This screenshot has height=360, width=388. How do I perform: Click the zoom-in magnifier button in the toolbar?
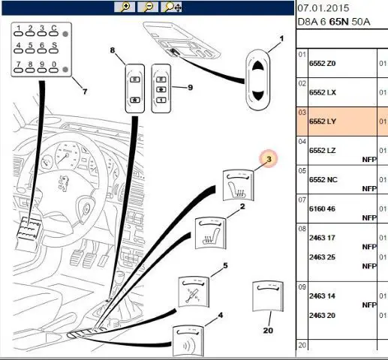(125, 7)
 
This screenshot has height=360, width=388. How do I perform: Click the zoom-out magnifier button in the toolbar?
(148, 7)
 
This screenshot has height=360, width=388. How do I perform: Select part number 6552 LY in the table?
(323, 121)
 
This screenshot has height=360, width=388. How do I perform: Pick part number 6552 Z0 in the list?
(322, 64)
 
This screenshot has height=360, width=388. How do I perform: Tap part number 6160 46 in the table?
(322, 208)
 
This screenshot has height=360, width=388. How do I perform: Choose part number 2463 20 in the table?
(322, 316)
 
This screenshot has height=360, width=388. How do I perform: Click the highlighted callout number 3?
(269, 159)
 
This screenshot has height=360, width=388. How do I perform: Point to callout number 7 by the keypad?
(85, 91)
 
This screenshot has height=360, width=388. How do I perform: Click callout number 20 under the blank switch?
(268, 330)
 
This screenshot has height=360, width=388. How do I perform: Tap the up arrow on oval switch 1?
(258, 67)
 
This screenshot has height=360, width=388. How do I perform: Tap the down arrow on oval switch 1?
(258, 95)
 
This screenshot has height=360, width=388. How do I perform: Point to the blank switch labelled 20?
(268, 296)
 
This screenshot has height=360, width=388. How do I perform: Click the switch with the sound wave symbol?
(188, 340)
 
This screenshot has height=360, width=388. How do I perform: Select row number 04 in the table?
(302, 142)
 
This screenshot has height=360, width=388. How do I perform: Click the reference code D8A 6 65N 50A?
(334, 22)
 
